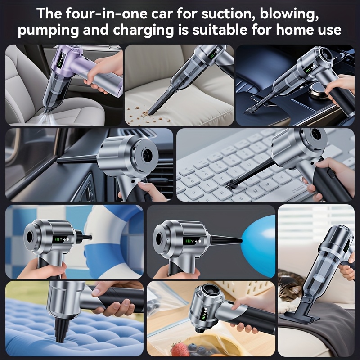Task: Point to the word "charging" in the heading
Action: click(x=143, y=31)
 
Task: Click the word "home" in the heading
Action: click(x=295, y=30)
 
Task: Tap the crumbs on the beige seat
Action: click(x=142, y=115)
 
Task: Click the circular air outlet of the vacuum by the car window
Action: click(x=147, y=154)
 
